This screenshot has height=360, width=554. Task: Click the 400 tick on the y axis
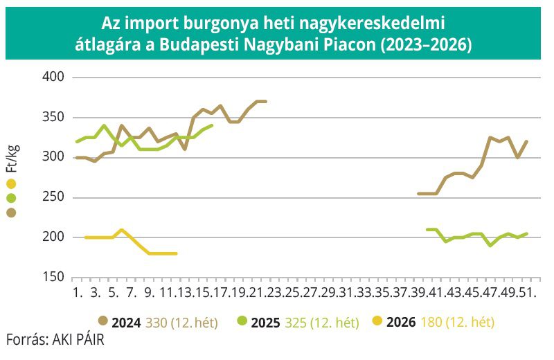point(53,77)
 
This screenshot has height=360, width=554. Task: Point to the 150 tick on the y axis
point(53,277)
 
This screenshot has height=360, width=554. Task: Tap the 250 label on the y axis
point(53,197)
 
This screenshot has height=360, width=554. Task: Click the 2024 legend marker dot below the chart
point(103,321)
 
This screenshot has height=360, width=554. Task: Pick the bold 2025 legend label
point(266,322)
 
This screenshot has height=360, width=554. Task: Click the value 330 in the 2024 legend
point(157,322)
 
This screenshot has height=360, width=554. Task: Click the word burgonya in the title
point(215,24)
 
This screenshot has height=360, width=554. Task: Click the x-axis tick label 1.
point(77,293)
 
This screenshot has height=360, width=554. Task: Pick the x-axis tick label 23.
point(276,293)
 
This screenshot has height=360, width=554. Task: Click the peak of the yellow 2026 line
point(122,230)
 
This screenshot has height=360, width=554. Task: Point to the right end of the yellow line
point(176,253)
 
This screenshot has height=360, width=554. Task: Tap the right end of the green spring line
point(212,125)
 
